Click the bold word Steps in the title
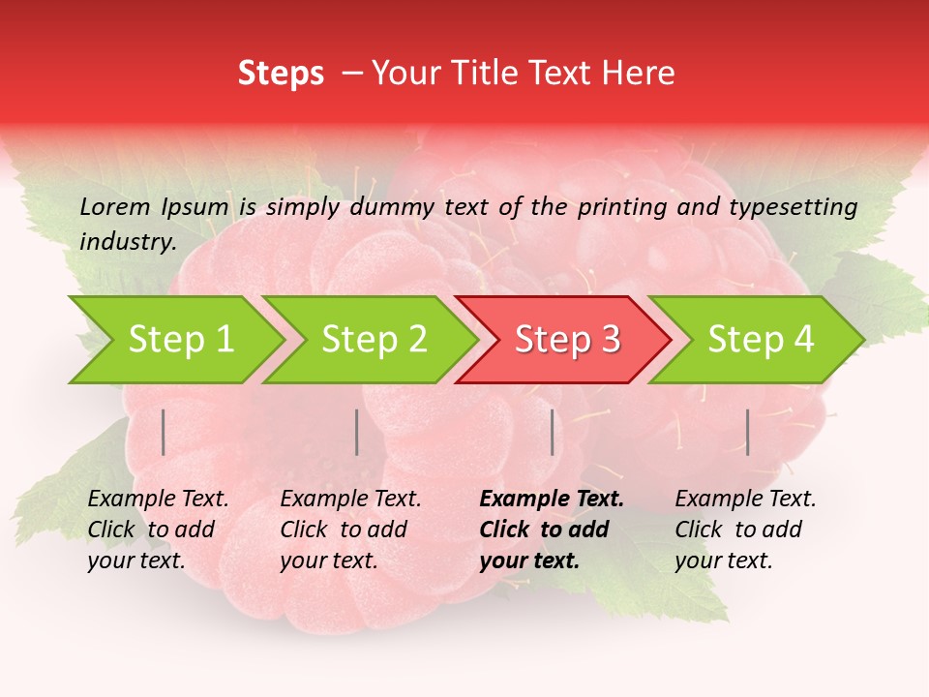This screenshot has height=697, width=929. click(x=281, y=74)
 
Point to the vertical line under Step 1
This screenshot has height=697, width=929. click(x=164, y=432)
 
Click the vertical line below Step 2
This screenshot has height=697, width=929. click(x=357, y=432)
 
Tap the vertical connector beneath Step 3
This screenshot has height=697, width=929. click(x=553, y=432)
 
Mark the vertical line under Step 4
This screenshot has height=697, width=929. click(x=747, y=432)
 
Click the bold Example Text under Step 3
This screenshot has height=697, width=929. click(x=552, y=500)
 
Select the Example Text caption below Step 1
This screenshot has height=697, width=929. click(x=158, y=500)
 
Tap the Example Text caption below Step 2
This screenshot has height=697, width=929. click(x=350, y=500)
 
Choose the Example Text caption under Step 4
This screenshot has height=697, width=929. click(x=745, y=500)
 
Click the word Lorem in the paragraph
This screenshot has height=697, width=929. click(x=115, y=206)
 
